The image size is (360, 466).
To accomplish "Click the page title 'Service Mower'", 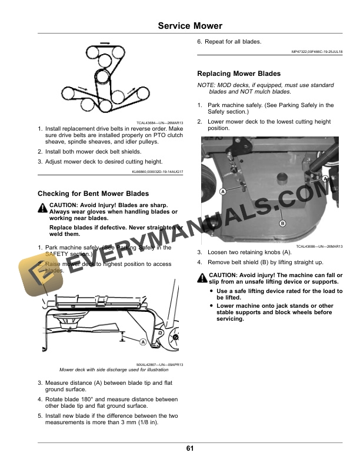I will pyautogui.click(x=190, y=26).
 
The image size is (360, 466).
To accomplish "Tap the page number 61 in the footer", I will pyautogui.click(x=190, y=449).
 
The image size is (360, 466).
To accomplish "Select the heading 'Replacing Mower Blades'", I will pyautogui.click(x=238, y=74).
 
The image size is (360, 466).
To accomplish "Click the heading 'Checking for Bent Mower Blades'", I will pyautogui.click(x=93, y=194).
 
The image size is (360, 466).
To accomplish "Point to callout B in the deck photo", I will pyautogui.click(x=282, y=224).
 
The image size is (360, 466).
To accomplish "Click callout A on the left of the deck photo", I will pyautogui.click(x=224, y=192).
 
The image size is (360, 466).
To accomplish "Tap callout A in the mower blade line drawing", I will pyautogui.click(x=143, y=341).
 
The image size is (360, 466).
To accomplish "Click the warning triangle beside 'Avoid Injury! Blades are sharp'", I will pyautogui.click(x=43, y=207).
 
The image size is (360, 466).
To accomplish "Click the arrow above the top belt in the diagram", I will pyautogui.click(x=104, y=43).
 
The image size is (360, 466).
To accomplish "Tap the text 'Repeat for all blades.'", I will pyautogui.click(x=234, y=41).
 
